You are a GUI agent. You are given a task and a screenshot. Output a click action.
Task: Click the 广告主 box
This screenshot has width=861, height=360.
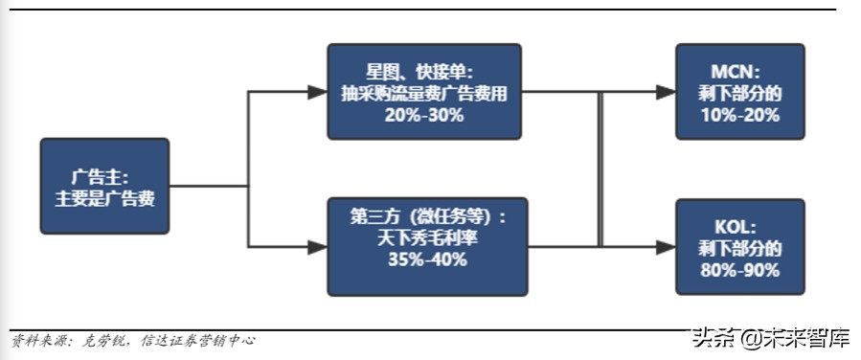click(105, 186)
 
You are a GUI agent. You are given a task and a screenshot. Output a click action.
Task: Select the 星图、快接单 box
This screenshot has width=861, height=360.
click(423, 92)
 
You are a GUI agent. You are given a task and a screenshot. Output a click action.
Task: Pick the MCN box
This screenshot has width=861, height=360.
click(738, 92)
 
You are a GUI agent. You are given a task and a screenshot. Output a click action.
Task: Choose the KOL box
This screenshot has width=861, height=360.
click(738, 247)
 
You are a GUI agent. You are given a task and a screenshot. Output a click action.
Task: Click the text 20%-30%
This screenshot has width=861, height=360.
click(425, 115)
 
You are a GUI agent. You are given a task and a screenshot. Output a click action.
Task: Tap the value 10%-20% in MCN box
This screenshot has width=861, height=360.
click(738, 115)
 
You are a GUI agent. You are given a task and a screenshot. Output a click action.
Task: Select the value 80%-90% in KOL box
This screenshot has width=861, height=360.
click(738, 270)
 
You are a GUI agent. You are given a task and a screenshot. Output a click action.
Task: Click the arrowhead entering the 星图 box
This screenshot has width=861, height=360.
click(317, 92)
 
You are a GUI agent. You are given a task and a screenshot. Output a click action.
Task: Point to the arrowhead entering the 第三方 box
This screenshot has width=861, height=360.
click(317, 247)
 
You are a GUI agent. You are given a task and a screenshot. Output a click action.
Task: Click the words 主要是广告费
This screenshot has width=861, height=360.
click(105, 198)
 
